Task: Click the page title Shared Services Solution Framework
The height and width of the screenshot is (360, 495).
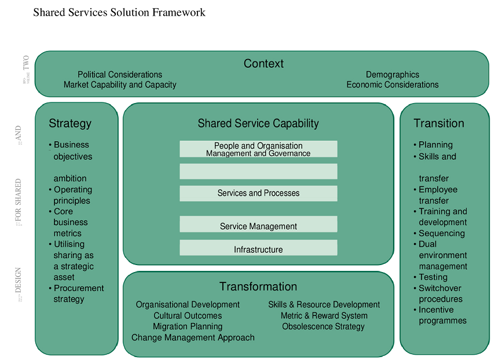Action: coord(119,12)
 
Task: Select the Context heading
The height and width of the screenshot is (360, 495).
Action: coord(263,64)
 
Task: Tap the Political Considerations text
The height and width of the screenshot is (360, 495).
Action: coord(120,75)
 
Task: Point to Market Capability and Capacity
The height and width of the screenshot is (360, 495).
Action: coord(120,85)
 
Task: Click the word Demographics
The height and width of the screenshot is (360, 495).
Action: coord(392,75)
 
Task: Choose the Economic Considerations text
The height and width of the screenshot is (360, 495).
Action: coord(392,85)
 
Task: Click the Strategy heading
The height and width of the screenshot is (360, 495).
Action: coord(70,123)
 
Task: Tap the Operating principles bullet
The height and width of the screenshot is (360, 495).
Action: coord(72,195)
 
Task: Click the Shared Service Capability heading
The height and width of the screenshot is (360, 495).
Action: coord(258,123)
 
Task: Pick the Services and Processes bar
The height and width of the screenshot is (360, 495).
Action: coord(258,193)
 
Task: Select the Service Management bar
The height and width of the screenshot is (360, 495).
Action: coord(258,226)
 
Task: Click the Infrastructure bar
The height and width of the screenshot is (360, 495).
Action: coord(258,249)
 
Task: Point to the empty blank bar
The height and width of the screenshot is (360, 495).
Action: coord(258,171)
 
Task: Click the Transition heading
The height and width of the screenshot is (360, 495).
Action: coord(438,123)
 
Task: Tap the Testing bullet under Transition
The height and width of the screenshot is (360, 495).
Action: coord(433,277)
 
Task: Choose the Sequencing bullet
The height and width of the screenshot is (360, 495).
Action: coord(441,233)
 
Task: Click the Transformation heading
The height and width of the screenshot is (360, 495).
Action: coord(258,286)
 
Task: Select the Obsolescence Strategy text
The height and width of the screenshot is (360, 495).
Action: coord(323,326)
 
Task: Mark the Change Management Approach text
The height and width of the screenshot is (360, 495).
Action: coord(193,337)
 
